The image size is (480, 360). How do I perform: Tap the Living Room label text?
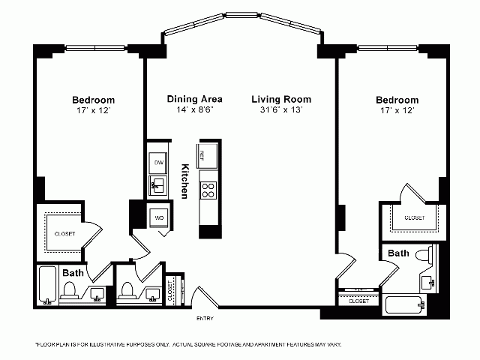pos(281,99)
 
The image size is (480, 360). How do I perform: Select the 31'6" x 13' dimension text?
pos(281,109)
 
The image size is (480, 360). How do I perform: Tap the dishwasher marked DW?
pos(159,162)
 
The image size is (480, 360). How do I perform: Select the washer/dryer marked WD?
pos(160,217)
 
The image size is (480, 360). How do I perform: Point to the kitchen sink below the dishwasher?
pos(158,184)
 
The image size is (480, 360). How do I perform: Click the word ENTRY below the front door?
pos(204,319)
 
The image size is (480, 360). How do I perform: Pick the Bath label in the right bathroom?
pos(398,253)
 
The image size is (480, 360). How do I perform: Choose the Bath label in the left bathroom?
pos(73,272)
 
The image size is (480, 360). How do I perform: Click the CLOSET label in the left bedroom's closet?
pos(64,234)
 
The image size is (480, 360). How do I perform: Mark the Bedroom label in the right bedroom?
pos(397,100)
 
